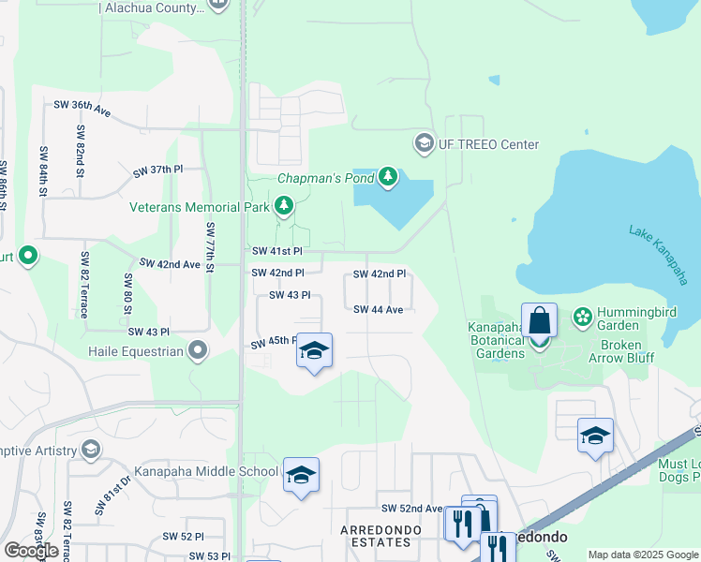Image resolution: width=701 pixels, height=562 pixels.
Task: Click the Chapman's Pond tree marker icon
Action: click(388, 177)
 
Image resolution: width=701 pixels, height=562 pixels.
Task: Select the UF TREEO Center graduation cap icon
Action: click(424, 144)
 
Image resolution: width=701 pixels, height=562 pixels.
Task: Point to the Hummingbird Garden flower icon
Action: click(583, 317)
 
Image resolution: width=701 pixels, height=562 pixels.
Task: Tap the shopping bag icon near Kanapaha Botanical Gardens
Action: click(540, 321)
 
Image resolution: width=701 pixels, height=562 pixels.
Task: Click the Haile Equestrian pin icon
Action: click(198, 351)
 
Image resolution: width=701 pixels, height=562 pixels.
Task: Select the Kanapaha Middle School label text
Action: click(206, 471)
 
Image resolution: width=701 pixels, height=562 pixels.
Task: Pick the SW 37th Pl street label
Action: click(157, 170)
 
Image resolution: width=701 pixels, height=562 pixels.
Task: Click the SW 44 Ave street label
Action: click(379, 309)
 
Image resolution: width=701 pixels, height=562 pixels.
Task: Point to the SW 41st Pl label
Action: click(277, 252)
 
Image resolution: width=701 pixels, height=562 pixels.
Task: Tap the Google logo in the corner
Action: click(31, 550)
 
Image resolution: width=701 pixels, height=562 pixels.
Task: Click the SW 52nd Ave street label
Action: click(411, 509)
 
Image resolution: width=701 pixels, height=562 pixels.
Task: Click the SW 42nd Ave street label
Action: click(170, 265)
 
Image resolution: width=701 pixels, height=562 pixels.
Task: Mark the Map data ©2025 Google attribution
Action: click(644, 555)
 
